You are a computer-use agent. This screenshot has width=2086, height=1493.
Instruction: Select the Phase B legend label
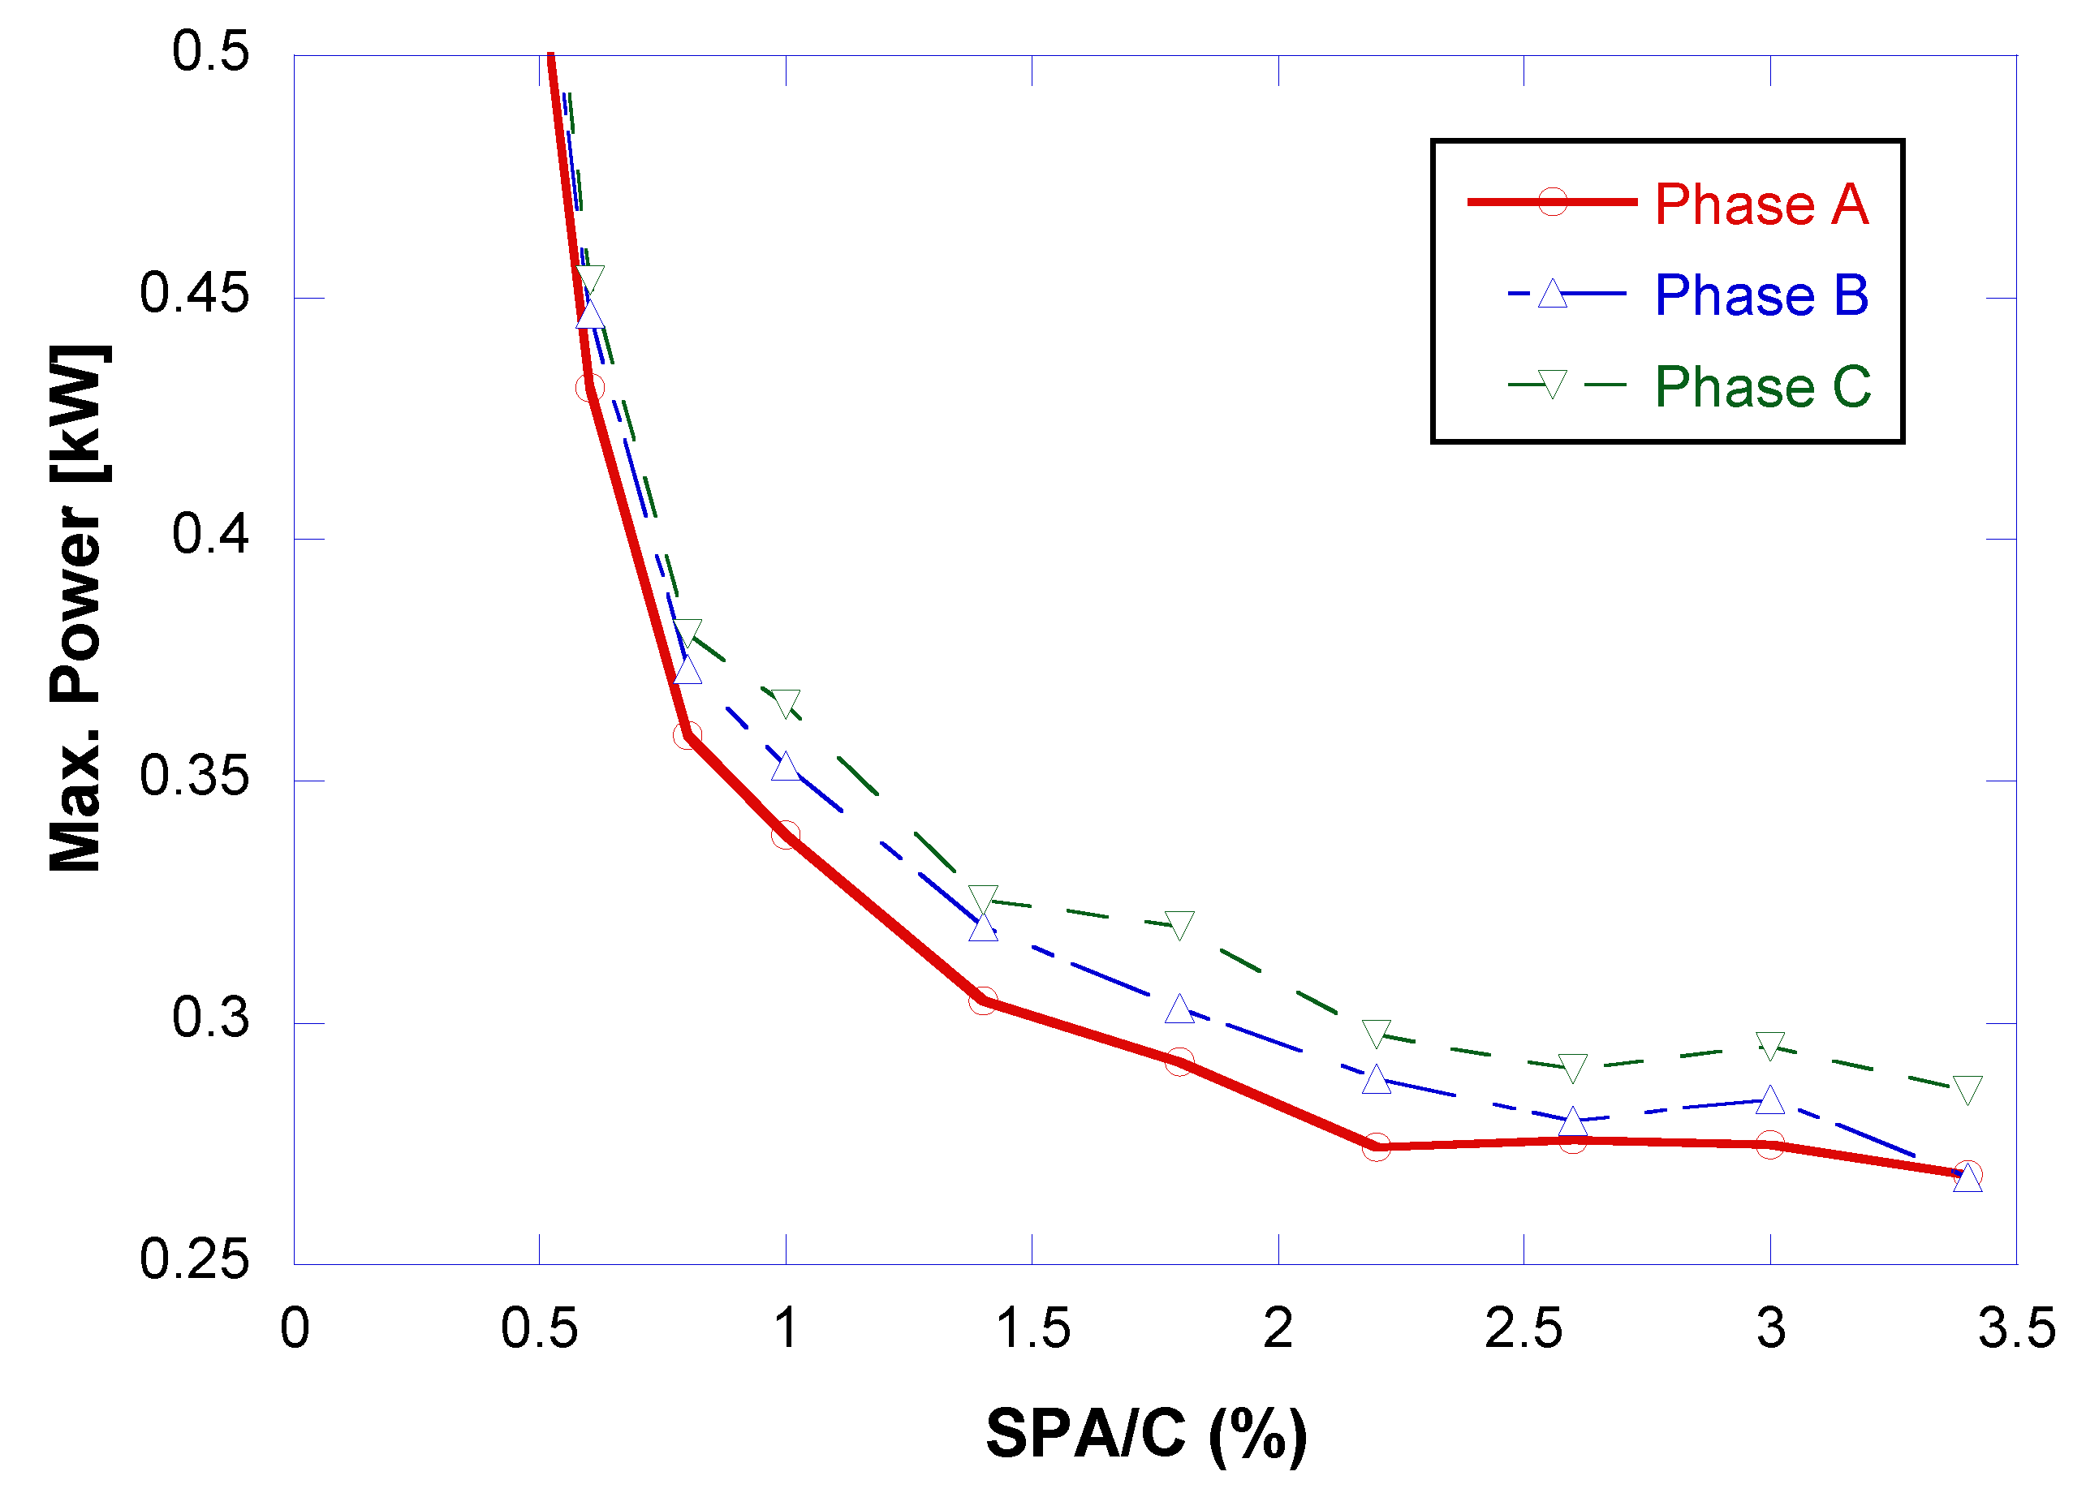pyautogui.click(x=1761, y=295)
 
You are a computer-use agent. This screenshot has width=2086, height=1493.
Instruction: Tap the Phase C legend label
pyautogui.click(x=1761, y=386)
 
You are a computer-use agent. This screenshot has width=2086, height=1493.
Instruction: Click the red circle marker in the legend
pyautogui.click(x=1552, y=201)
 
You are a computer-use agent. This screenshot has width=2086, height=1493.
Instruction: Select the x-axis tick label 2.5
pyautogui.click(x=1524, y=1328)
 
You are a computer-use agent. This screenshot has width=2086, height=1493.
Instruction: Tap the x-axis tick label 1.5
pyautogui.click(x=1033, y=1328)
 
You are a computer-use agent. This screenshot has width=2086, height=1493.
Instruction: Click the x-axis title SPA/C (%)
pyautogui.click(x=1145, y=1433)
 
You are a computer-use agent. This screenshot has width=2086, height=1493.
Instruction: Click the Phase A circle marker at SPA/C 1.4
pyautogui.click(x=983, y=1001)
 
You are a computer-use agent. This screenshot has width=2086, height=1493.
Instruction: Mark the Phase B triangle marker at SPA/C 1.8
pyautogui.click(x=1179, y=1009)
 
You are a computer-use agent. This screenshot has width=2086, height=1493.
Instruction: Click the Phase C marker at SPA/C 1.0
pyautogui.click(x=786, y=703)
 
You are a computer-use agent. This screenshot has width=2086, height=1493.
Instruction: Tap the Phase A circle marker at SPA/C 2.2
pyautogui.click(x=1377, y=1147)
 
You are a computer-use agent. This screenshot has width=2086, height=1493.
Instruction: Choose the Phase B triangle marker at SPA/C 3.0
pyautogui.click(x=1769, y=1099)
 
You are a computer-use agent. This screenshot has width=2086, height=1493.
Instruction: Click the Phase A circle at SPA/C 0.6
pyautogui.click(x=590, y=388)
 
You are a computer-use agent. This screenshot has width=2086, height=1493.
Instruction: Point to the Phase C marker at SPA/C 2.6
pyautogui.click(x=1573, y=1067)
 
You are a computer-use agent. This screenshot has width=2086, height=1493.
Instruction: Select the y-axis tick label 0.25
pyautogui.click(x=194, y=1259)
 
